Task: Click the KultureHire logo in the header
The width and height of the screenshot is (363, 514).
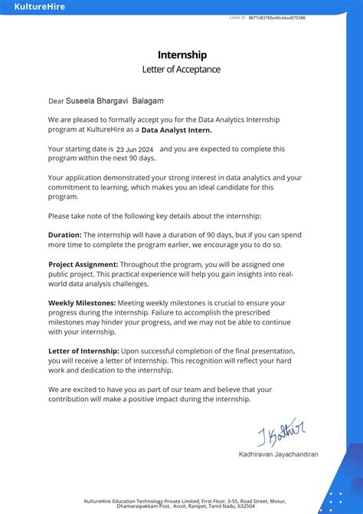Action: (40, 7)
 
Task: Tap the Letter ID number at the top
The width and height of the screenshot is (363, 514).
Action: (276, 18)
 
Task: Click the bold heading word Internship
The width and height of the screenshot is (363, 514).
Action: (182, 55)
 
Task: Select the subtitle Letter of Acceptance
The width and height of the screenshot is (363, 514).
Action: (181, 70)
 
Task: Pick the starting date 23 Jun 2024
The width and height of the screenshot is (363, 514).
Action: (135, 150)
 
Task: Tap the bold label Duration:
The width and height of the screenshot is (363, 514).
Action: (64, 235)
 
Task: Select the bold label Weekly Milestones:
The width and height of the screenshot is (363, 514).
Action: (82, 303)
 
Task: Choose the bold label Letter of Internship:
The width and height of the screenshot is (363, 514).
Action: (84, 351)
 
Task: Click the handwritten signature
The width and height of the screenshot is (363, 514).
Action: (280, 432)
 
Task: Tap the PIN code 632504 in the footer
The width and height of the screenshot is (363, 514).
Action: (247, 506)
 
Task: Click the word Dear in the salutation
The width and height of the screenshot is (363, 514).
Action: (56, 100)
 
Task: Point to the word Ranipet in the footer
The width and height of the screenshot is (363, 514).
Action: (193, 506)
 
